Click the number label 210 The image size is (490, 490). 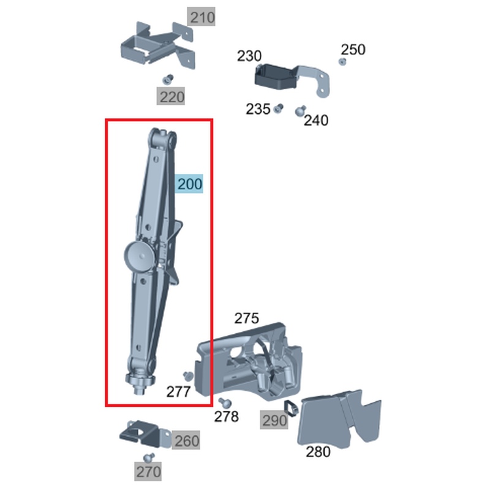202,18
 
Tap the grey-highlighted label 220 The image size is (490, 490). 172,97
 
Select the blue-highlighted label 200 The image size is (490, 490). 190,184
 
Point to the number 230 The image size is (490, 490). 249,56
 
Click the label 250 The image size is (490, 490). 353,50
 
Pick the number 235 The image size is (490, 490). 258,110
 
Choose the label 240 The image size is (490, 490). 316,120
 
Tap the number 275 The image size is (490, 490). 247,318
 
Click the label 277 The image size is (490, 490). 178,392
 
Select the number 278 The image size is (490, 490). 226,417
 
